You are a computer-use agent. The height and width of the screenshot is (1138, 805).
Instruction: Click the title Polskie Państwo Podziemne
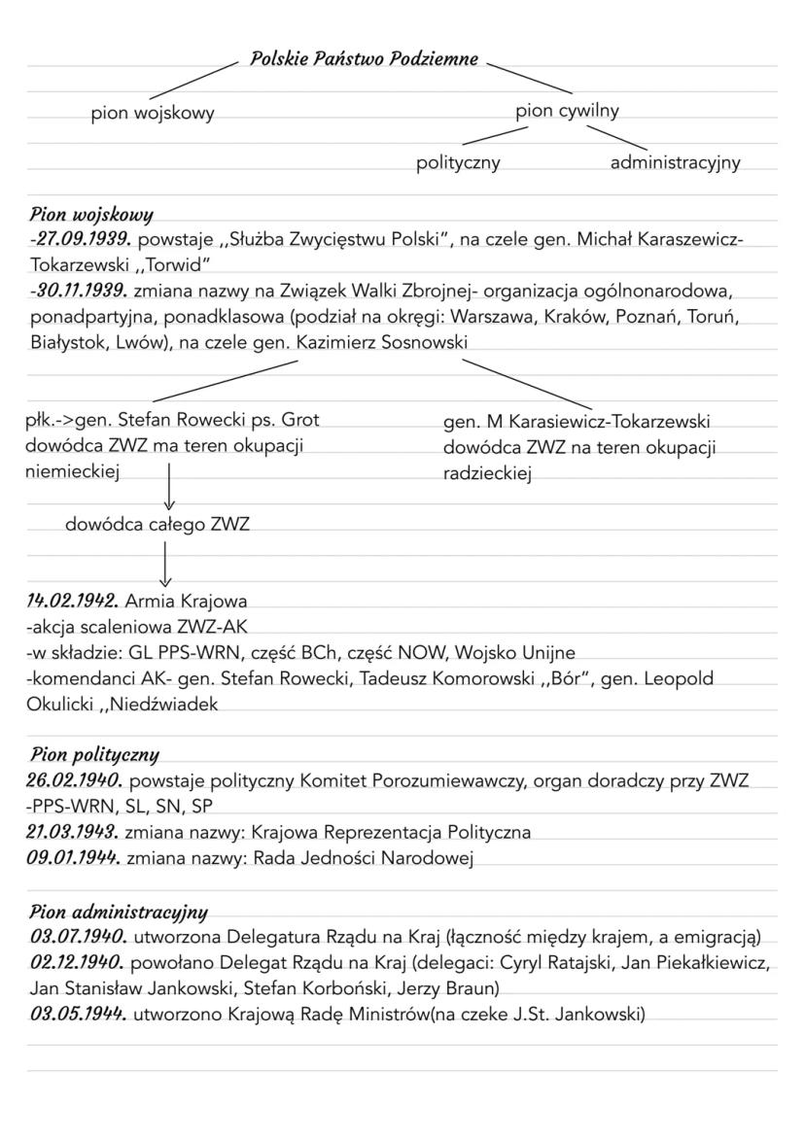pos(364,59)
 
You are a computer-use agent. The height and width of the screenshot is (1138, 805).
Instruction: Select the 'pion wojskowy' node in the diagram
pos(153,114)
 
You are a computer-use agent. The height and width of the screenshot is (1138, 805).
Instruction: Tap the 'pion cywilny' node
pos(568,111)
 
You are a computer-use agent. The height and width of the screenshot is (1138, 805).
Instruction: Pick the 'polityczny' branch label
pos(458,163)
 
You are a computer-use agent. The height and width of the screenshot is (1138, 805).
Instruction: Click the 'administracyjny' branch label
pos(675,163)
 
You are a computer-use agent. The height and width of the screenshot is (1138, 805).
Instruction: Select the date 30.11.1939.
pos(81,291)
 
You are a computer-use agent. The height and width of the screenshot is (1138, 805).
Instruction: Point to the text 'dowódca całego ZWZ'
pos(157,525)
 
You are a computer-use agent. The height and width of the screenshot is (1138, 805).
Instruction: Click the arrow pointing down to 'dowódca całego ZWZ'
pos(169,486)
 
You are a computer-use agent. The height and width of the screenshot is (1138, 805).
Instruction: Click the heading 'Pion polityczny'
pos(94,754)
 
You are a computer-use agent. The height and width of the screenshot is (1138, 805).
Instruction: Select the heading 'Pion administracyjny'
pos(119,912)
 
